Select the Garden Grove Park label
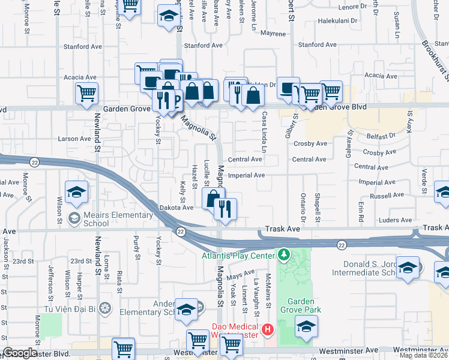point(304,305)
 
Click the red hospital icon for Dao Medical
point(268,329)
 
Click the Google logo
point(20,353)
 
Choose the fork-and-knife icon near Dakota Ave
point(226,209)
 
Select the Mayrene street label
point(273,34)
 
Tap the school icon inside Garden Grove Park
point(306,327)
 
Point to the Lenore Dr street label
point(355,7)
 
